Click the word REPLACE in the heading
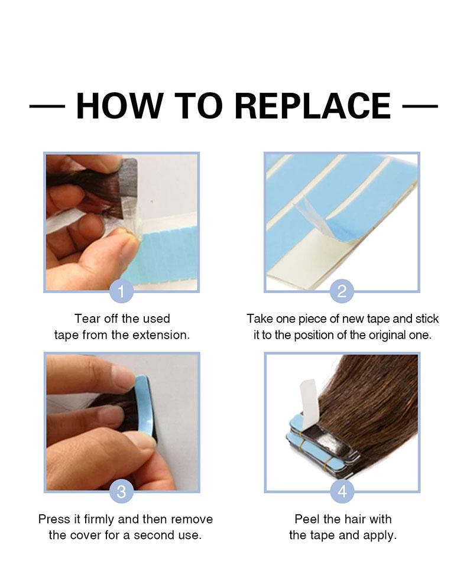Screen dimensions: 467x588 pos(313,106)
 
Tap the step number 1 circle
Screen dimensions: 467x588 pos(121,291)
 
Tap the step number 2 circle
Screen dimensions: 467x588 pos(342,291)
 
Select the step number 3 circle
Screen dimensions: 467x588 pos(121,491)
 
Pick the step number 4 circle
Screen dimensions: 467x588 pos(342,491)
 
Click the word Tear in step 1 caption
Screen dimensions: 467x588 pos(87,319)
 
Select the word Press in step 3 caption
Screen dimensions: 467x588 pos(54,519)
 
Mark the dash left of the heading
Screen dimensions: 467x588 pos(47,106)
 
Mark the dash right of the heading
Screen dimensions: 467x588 pos(420,106)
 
